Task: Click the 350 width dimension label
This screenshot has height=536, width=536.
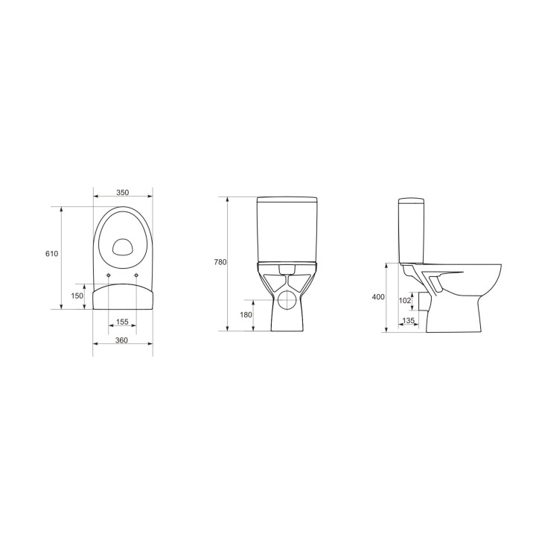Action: coord(122,193)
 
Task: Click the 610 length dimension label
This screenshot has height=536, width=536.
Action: coord(51,254)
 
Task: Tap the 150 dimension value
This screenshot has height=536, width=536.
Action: coord(77,296)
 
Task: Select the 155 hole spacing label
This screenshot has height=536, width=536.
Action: coord(122,322)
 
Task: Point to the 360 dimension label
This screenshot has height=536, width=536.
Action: coord(121,340)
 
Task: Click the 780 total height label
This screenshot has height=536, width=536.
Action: coord(220,262)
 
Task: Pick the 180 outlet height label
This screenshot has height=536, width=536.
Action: coord(246,315)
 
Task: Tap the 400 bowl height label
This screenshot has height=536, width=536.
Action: coord(378,297)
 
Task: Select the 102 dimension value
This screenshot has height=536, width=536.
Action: coord(405,301)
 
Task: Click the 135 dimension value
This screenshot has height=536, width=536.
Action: coord(408,321)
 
